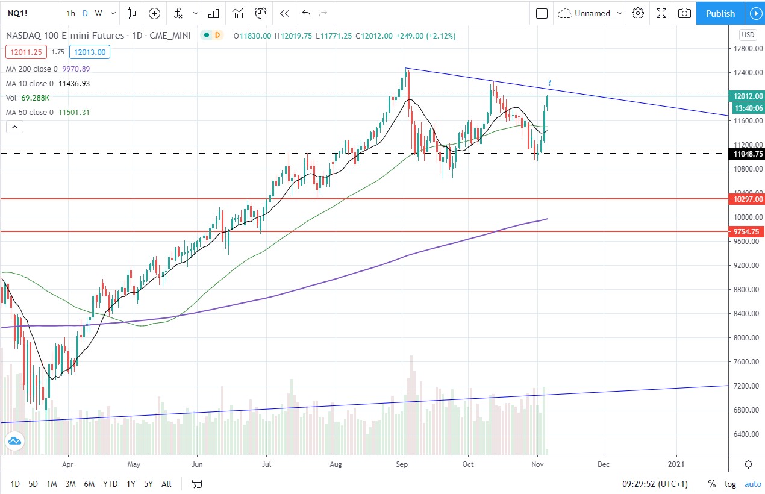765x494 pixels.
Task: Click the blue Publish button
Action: tap(720, 13)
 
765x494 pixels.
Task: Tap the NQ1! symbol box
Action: tap(16, 13)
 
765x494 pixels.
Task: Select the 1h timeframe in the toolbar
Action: tap(71, 13)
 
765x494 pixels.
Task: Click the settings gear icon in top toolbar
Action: tap(638, 13)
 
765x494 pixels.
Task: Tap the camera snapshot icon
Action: tap(684, 13)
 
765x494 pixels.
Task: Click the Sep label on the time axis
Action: tap(402, 464)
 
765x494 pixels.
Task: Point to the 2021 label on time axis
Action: tap(676, 464)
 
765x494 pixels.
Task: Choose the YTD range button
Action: tap(110, 484)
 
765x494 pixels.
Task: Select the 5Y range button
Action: tap(148, 484)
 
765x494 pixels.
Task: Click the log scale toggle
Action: tap(730, 484)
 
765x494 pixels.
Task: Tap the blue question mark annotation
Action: tap(549, 83)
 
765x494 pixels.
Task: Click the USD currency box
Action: tap(748, 35)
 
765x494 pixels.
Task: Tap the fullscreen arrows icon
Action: tap(661, 13)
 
